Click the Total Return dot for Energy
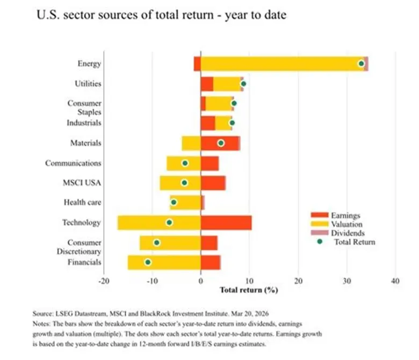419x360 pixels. click(361, 63)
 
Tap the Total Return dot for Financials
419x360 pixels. click(148, 262)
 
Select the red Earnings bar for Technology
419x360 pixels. click(226, 222)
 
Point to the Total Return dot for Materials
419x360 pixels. click(221, 143)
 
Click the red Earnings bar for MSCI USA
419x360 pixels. click(213, 183)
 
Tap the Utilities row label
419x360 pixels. click(88, 83)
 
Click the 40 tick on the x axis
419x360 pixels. click(395, 281)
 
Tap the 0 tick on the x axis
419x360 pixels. click(201, 281)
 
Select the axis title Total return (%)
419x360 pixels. click(249, 290)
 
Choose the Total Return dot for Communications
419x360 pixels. click(185, 163)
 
